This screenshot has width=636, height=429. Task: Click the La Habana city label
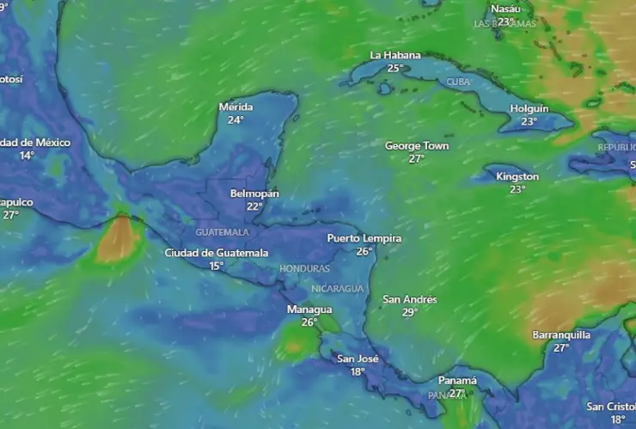point(395,55)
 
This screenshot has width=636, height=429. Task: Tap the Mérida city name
point(235,107)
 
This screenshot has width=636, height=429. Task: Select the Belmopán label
point(254,193)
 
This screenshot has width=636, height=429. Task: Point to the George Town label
point(417,146)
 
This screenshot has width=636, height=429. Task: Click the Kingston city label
point(517,176)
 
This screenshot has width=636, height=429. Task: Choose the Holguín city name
point(529,108)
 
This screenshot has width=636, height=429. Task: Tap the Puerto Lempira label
point(364,238)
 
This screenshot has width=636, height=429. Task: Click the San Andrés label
point(410,299)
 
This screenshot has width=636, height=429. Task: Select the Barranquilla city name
point(561,334)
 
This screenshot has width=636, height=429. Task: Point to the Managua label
point(309,309)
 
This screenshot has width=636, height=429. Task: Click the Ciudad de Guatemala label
point(217,253)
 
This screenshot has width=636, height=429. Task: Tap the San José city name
point(358,359)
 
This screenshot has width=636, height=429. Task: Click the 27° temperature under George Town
point(417,159)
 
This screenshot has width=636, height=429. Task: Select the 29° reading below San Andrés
point(410,312)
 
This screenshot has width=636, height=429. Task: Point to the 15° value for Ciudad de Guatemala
point(217,266)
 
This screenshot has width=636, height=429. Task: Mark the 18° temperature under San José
point(358,371)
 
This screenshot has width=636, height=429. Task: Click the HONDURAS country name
point(304,269)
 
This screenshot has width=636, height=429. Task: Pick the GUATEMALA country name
point(222,232)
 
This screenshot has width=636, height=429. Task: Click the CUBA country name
point(460,82)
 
